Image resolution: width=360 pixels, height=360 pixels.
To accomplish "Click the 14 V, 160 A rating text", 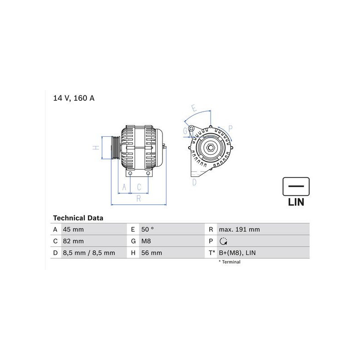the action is click(x=74, y=98).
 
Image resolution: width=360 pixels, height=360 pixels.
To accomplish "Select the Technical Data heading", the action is click(x=78, y=218).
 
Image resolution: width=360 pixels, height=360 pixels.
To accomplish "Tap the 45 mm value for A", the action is click(x=73, y=229).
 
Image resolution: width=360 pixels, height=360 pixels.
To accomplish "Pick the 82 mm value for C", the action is click(x=73, y=241).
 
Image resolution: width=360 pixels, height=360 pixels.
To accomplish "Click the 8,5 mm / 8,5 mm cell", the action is click(x=89, y=253).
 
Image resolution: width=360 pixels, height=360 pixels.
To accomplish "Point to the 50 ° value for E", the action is click(x=148, y=229).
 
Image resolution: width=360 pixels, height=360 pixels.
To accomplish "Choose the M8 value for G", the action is click(x=146, y=241).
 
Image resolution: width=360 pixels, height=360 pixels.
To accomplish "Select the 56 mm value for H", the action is click(x=152, y=253).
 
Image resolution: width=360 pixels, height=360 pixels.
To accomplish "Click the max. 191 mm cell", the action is click(x=239, y=229).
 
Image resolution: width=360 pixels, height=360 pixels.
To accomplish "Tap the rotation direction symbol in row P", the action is click(x=223, y=241).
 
